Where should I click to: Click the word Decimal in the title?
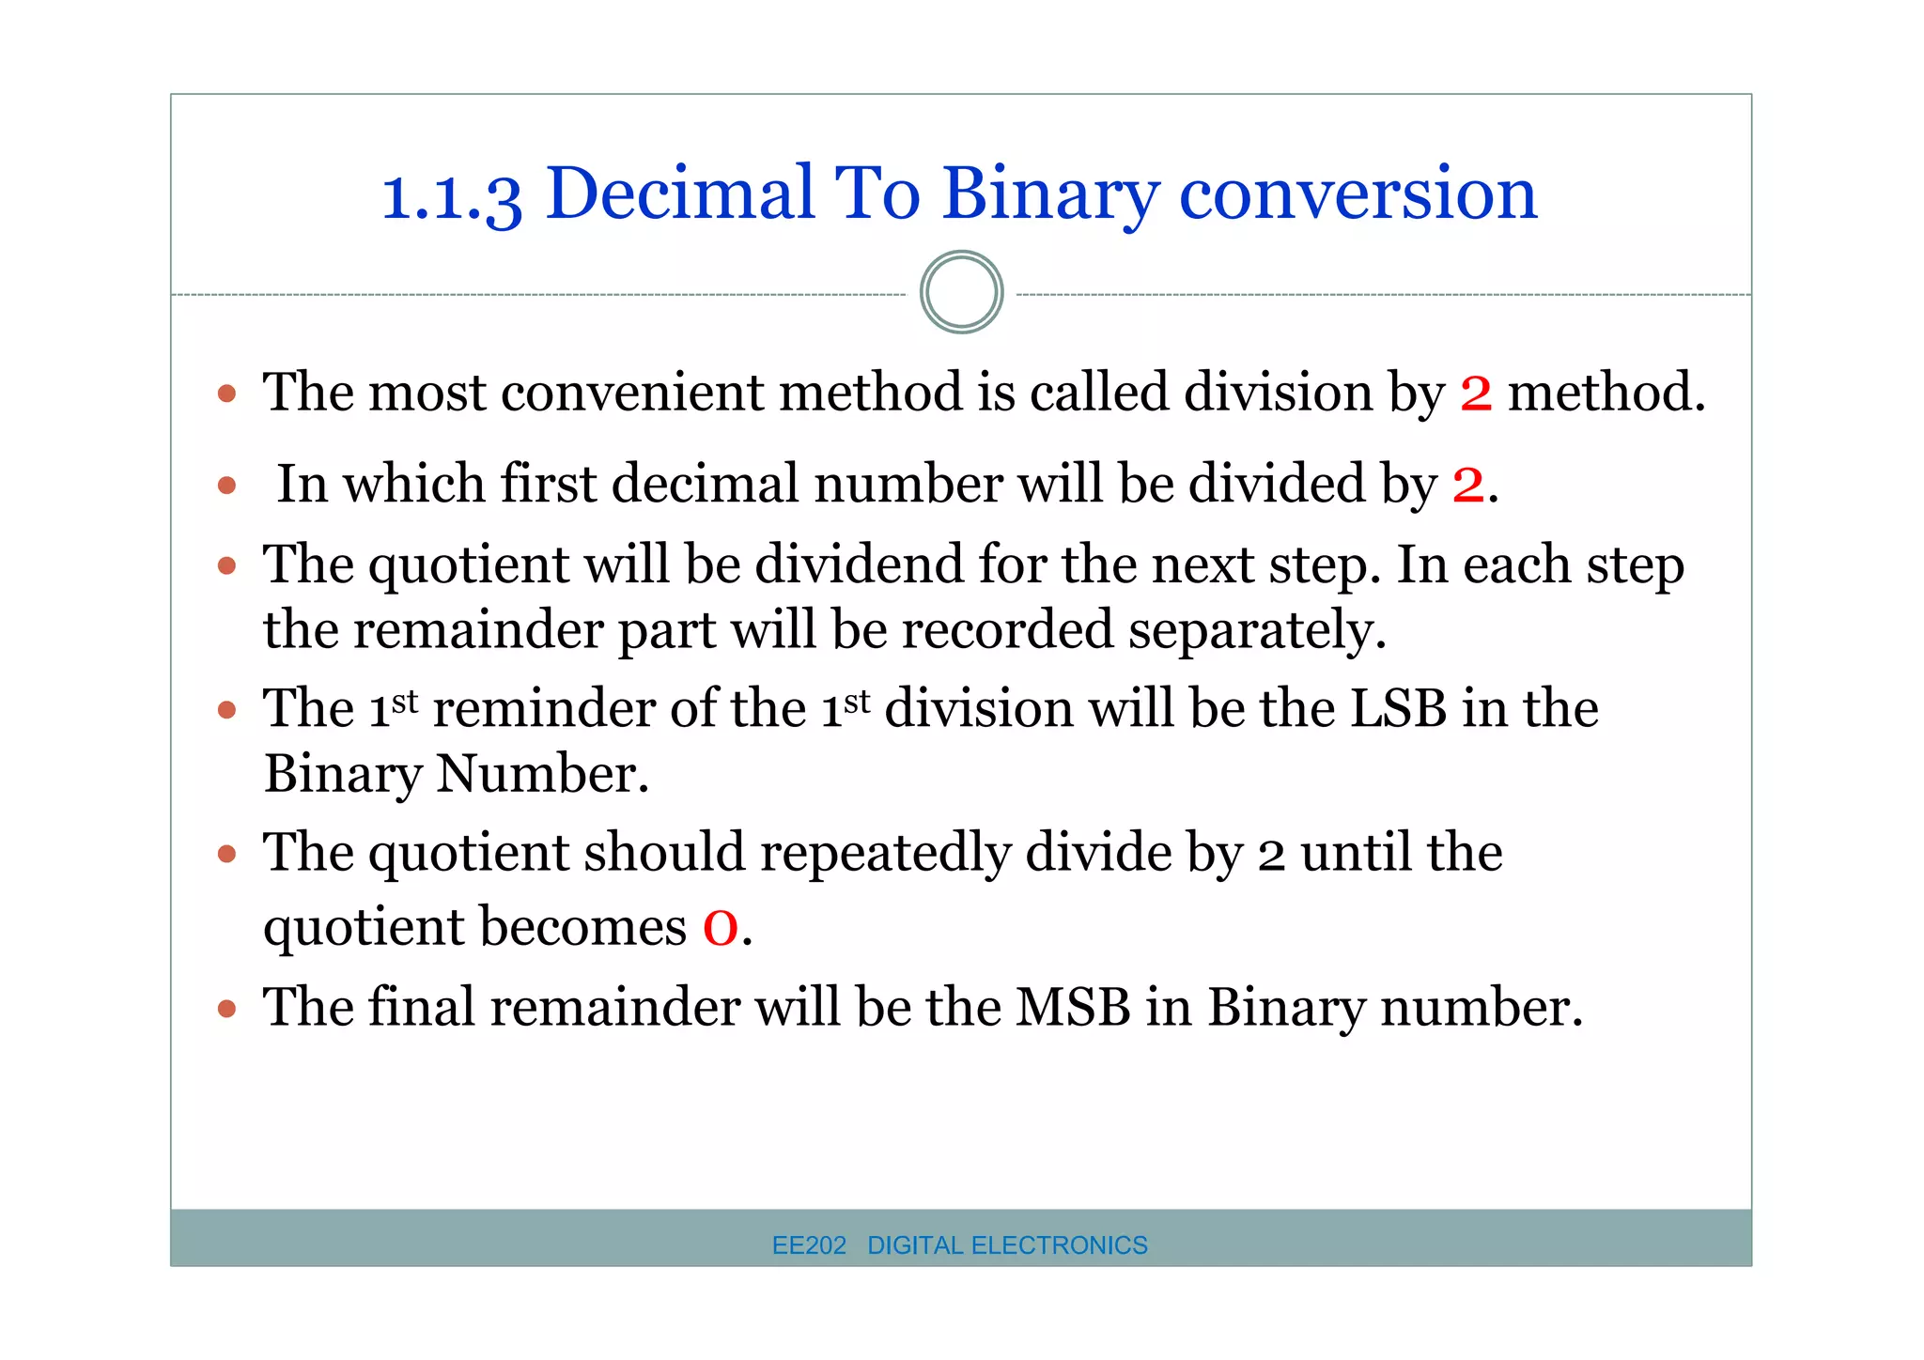click(x=679, y=193)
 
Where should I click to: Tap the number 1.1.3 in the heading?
click(x=451, y=197)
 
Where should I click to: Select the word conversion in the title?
click(x=1358, y=193)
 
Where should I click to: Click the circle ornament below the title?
click(x=961, y=292)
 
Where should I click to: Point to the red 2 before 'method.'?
click(x=1476, y=393)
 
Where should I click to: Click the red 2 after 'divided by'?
click(x=1468, y=485)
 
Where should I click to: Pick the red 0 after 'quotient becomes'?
click(x=721, y=928)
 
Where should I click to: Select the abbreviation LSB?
click(x=1398, y=708)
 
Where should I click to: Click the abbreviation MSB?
click(x=1073, y=1008)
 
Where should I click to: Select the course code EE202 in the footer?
click(x=809, y=1245)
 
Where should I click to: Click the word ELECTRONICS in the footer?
click(x=1059, y=1245)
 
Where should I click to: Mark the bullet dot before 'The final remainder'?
click(x=226, y=1010)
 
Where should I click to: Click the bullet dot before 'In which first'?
click(x=226, y=486)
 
